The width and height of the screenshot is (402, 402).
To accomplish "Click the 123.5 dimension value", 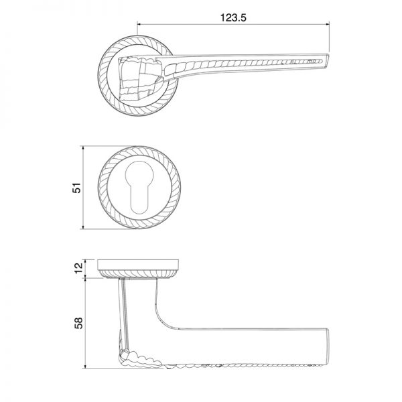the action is point(233,17).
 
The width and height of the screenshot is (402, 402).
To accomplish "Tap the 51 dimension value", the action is point(77,188).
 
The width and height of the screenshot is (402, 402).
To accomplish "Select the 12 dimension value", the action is point(79,268).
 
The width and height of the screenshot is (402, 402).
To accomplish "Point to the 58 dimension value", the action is point(78,323).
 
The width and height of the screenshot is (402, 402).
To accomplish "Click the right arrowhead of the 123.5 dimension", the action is point(327,24).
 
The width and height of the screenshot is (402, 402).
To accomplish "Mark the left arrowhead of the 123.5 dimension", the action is point(140,24).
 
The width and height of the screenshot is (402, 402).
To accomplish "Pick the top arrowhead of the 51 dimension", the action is point(83,148).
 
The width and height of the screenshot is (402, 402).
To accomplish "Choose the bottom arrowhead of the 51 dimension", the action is point(83,226).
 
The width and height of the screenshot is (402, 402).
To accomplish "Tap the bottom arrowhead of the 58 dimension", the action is point(85,366).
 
